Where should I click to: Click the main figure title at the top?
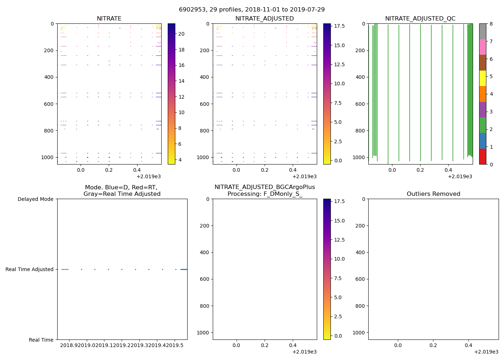click(252, 9)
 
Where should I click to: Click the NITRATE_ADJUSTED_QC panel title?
click(420, 19)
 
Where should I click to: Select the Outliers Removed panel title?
click(433, 194)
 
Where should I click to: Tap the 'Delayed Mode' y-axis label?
click(35, 199)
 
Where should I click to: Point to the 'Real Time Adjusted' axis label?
click(30, 269)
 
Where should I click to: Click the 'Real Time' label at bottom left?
click(41, 340)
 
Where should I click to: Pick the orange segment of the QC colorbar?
click(482, 94)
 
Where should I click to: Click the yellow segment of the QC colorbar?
click(482, 78)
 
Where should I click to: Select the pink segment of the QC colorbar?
click(482, 47)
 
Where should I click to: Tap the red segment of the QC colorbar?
click(482, 157)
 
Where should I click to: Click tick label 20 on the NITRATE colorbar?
click(181, 34)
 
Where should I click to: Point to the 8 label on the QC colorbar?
click(491, 24)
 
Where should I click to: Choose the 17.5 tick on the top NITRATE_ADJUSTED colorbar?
click(339, 26)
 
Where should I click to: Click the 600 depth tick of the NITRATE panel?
click(49, 104)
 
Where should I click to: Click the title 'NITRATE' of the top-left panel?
click(109, 19)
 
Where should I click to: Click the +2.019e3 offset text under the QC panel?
click(460, 176)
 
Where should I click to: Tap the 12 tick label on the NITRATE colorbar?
click(181, 97)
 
